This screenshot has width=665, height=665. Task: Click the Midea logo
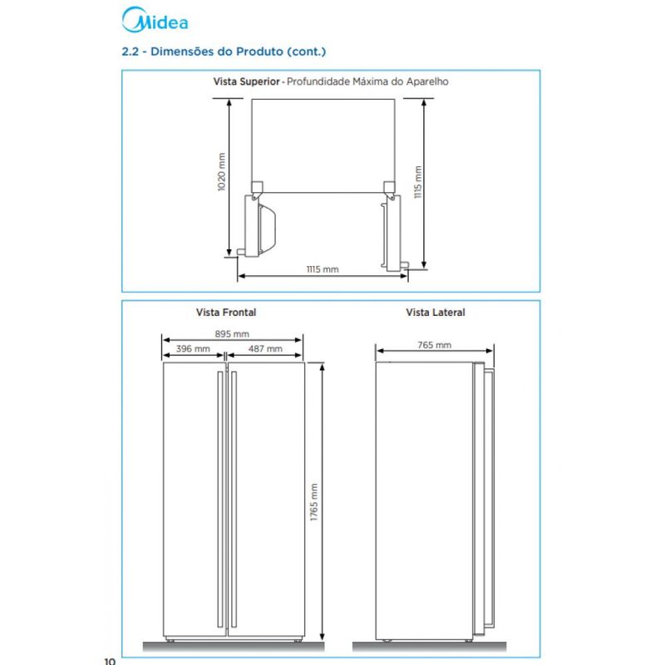155,20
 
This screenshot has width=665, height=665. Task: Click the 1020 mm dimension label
221,172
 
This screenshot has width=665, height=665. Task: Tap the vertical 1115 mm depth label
418,182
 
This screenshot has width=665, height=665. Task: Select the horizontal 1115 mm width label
323,269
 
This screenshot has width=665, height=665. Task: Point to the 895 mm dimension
232,334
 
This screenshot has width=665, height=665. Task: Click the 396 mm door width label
193,348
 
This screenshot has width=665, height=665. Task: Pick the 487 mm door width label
265,348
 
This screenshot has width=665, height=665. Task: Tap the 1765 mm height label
314,502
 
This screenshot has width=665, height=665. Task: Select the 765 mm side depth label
434,345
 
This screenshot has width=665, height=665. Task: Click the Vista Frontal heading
226,313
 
